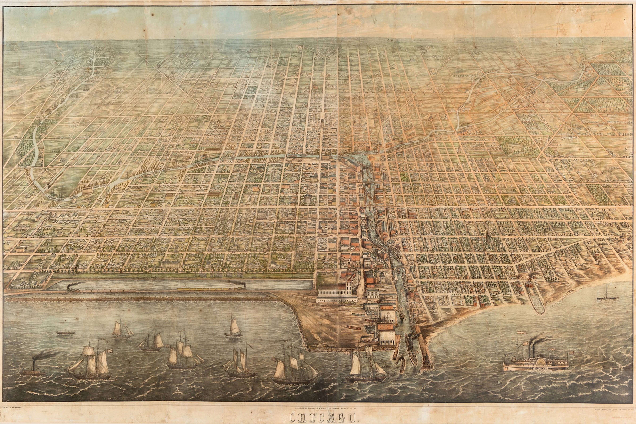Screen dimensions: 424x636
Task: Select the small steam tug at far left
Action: coord(33,370)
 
